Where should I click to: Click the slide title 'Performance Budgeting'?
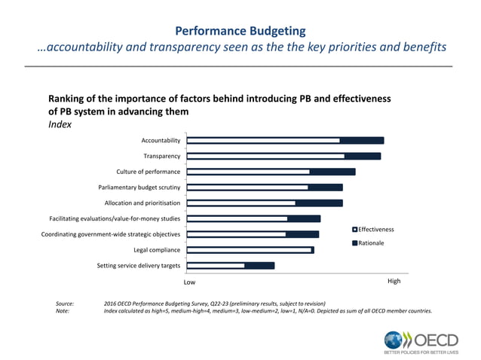click(x=240, y=31)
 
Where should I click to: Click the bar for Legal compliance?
click(x=250, y=249)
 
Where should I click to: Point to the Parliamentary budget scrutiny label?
click(x=139, y=188)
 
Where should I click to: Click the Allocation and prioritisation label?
click(x=142, y=203)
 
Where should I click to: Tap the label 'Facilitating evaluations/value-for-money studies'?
click(x=115, y=218)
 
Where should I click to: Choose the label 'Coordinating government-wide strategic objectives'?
click(x=110, y=234)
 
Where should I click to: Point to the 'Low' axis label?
click(x=190, y=282)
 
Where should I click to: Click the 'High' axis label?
click(x=394, y=281)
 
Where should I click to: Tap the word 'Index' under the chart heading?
click(x=60, y=125)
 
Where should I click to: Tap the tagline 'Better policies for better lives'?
click(x=421, y=352)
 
